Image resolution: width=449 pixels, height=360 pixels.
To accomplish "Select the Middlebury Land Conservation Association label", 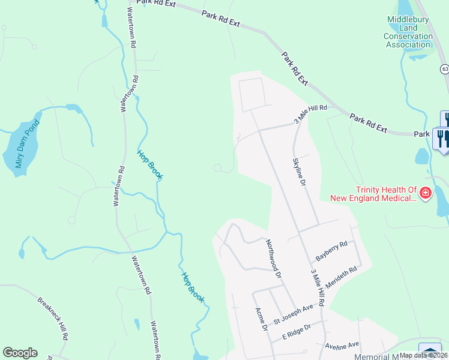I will pyautogui.click(x=409, y=32).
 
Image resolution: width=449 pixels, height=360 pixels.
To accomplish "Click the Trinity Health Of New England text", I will pyautogui.click(x=373, y=193).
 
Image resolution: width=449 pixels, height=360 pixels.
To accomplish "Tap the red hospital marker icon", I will pyautogui.click(x=425, y=193).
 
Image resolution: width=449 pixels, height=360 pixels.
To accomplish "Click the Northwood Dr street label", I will pyautogui.click(x=273, y=259).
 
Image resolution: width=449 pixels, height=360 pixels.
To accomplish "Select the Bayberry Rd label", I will pyautogui.click(x=331, y=250).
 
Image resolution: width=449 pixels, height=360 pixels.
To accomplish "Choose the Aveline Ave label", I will pyautogui.click(x=342, y=344).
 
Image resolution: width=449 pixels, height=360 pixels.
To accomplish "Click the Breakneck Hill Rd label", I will pyautogui.click(x=53, y=319).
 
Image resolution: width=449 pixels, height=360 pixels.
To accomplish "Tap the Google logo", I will pyautogui.click(x=20, y=353).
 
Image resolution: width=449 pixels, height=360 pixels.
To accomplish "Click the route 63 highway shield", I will pyautogui.click(x=444, y=69).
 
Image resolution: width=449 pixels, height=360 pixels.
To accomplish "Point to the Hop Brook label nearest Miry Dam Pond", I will pyautogui.click(x=149, y=164).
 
